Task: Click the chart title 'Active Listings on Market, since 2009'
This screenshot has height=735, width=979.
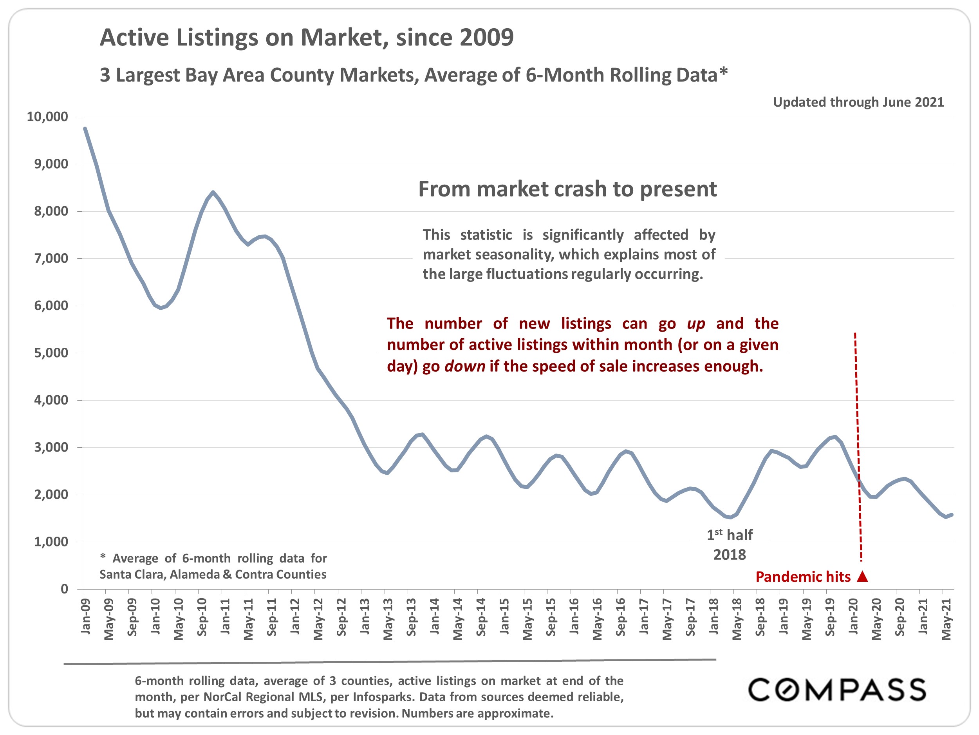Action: (x=306, y=37)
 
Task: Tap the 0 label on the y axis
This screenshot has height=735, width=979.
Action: (x=65, y=589)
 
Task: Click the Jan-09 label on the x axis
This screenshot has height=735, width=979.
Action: (x=85, y=616)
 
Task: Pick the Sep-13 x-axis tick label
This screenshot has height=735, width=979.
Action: (x=411, y=617)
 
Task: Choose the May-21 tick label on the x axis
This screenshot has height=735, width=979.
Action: (x=946, y=619)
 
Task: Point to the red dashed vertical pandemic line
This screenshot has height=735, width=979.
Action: (x=858, y=443)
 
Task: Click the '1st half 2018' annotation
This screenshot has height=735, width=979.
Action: (x=730, y=545)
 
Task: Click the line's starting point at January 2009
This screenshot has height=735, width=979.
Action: (x=85, y=129)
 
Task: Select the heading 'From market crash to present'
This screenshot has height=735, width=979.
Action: (x=567, y=189)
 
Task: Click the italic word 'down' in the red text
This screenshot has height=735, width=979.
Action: (x=465, y=367)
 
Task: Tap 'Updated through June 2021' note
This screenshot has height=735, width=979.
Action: (x=858, y=102)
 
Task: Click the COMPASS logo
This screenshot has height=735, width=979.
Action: (x=837, y=690)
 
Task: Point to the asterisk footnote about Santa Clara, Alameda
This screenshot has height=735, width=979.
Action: (x=213, y=566)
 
